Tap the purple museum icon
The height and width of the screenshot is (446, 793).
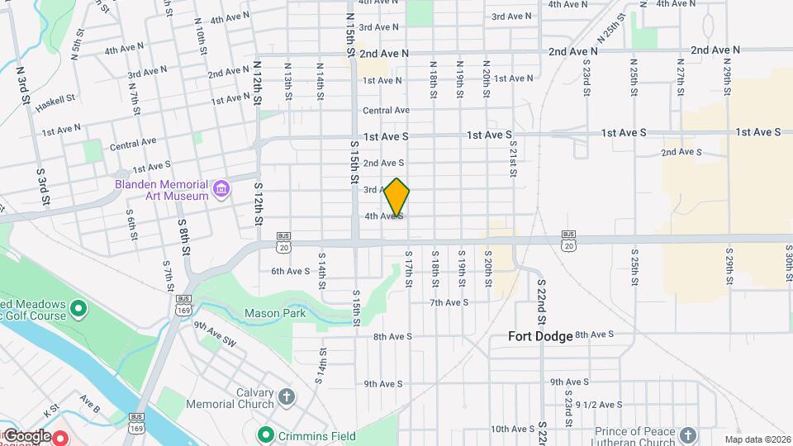[x=221, y=190]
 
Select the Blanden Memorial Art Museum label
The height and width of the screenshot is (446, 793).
[x=162, y=190]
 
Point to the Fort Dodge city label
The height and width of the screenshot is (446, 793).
[x=540, y=336]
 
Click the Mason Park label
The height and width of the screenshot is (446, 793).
[x=275, y=313]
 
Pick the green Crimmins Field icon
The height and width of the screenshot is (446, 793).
[x=265, y=434]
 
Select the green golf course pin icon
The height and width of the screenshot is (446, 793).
[x=78, y=310]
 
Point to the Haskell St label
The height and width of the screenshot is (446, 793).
[x=59, y=98]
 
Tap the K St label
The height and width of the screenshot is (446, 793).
[x=52, y=409]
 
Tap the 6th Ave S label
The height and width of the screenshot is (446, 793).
[x=290, y=271]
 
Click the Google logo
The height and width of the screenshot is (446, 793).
[x=27, y=435]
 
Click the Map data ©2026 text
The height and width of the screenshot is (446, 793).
[x=757, y=439]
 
